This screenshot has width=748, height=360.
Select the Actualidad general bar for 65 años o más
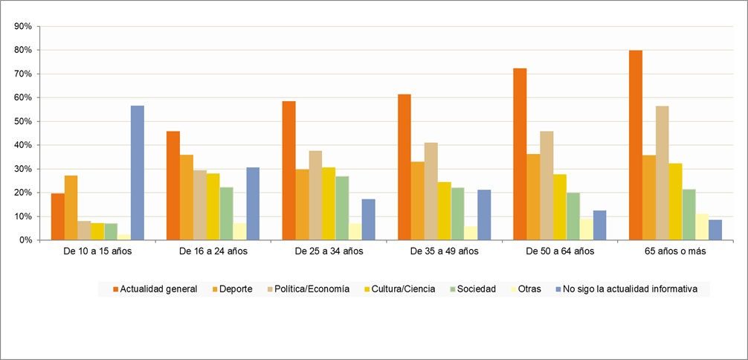coord(636,145)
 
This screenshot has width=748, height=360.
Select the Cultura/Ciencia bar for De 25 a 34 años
coord(329,204)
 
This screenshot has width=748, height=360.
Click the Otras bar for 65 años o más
coord(702,227)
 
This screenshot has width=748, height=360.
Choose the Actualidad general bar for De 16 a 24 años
coord(173,185)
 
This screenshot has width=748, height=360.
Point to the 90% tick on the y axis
coord(22,26)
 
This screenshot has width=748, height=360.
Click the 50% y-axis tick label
coord(22,121)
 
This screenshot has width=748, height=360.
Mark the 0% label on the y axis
coord(25,240)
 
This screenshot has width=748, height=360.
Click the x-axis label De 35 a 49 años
coord(445,251)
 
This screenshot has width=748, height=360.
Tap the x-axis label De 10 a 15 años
coord(98,251)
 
